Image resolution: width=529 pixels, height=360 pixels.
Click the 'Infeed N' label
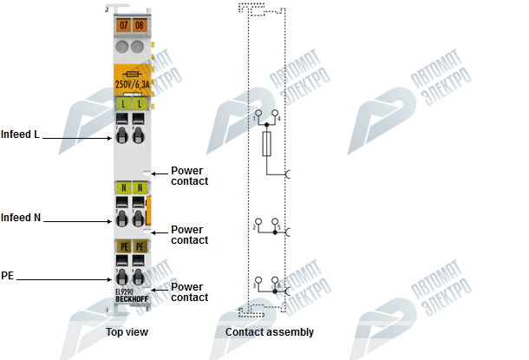pyautogui.click(x=21, y=218)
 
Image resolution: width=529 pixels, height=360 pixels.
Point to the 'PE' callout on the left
pyautogui.click(x=7, y=275)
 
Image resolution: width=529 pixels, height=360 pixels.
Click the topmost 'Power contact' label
pyautogui.click(x=189, y=175)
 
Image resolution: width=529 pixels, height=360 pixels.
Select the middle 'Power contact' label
pyautogui.click(x=189, y=235)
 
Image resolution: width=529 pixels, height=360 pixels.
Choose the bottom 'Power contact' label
pyautogui.click(x=189, y=292)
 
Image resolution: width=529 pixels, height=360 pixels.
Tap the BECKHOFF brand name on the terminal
pyautogui.click(x=130, y=300)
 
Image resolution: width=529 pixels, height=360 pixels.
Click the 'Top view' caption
pyautogui.click(x=126, y=332)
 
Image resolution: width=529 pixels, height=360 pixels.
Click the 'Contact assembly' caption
pyautogui.click(x=270, y=332)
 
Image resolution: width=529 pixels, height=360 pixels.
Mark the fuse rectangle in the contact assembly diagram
pyautogui.click(x=267, y=144)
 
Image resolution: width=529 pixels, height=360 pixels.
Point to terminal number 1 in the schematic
pyautogui.click(x=257, y=115)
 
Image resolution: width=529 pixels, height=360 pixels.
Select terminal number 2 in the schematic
pyautogui.click(x=255, y=227)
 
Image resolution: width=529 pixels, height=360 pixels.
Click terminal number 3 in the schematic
pyautogui.click(x=255, y=285)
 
